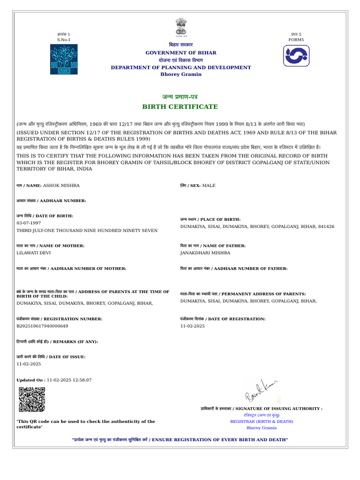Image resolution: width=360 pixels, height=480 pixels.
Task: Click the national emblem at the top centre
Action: click(180, 28)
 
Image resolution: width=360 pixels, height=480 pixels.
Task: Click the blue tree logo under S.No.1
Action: click(64, 59)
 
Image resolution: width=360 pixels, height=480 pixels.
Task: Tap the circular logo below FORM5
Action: click(296, 56)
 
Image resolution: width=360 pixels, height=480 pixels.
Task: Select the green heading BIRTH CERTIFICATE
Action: click(180, 107)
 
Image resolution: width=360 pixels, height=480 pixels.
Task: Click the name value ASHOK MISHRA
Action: click(61, 186)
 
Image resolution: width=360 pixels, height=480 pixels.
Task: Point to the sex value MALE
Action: click(209, 186)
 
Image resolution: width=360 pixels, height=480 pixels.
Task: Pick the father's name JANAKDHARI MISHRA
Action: click(205, 253)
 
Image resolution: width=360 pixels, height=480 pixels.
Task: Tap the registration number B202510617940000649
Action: click(42, 326)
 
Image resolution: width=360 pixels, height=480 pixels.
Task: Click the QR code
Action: click(32, 400)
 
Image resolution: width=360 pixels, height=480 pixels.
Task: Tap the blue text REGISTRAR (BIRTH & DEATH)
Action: click(262, 421)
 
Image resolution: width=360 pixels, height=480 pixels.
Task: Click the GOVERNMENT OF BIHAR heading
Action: click(180, 53)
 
